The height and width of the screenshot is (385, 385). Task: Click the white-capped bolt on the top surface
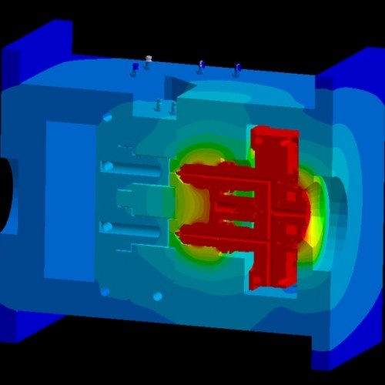[x=149, y=59]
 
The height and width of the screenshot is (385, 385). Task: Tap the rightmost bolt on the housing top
[x=236, y=70]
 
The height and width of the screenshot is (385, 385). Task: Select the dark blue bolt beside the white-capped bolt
[x=134, y=69]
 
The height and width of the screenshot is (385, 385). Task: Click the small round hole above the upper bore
[x=108, y=119]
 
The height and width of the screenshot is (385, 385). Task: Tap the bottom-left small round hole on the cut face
[x=105, y=291]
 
